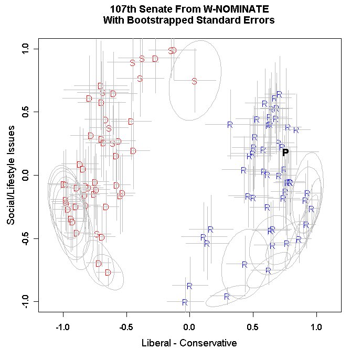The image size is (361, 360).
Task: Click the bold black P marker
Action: (x=285, y=152)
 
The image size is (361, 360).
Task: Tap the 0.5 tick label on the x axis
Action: (x=252, y=326)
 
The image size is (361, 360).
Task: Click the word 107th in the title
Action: (x=124, y=10)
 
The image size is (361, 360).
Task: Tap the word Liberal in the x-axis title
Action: (x=156, y=343)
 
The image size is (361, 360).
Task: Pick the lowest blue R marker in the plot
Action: (x=185, y=302)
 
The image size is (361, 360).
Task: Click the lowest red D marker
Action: (x=108, y=272)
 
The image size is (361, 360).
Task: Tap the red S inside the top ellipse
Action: (x=194, y=81)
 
